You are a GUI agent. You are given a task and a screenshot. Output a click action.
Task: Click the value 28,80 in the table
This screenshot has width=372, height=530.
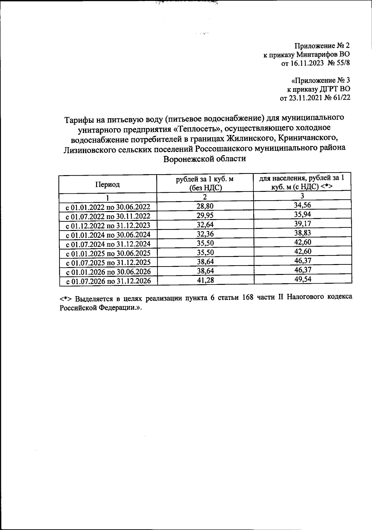(x=205, y=206)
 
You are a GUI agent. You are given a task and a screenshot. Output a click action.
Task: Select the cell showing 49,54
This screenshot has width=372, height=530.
(x=303, y=279)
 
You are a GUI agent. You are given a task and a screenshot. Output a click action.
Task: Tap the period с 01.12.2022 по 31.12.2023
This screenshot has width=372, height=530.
(x=108, y=225)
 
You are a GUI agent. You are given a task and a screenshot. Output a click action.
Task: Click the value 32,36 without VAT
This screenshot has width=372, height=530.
(x=205, y=234)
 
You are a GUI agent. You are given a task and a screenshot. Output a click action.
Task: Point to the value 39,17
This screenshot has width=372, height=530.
(x=303, y=224)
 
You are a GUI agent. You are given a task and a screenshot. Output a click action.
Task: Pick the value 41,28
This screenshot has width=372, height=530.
(x=205, y=280)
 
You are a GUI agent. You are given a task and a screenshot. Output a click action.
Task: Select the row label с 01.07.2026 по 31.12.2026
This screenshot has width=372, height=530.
(x=108, y=281)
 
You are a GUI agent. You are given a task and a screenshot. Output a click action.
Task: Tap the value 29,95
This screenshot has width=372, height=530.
(x=205, y=215)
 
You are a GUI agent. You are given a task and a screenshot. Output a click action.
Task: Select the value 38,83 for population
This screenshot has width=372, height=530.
(x=303, y=233)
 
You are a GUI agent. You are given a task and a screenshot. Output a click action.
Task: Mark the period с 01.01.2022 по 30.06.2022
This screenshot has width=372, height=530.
(x=108, y=207)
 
